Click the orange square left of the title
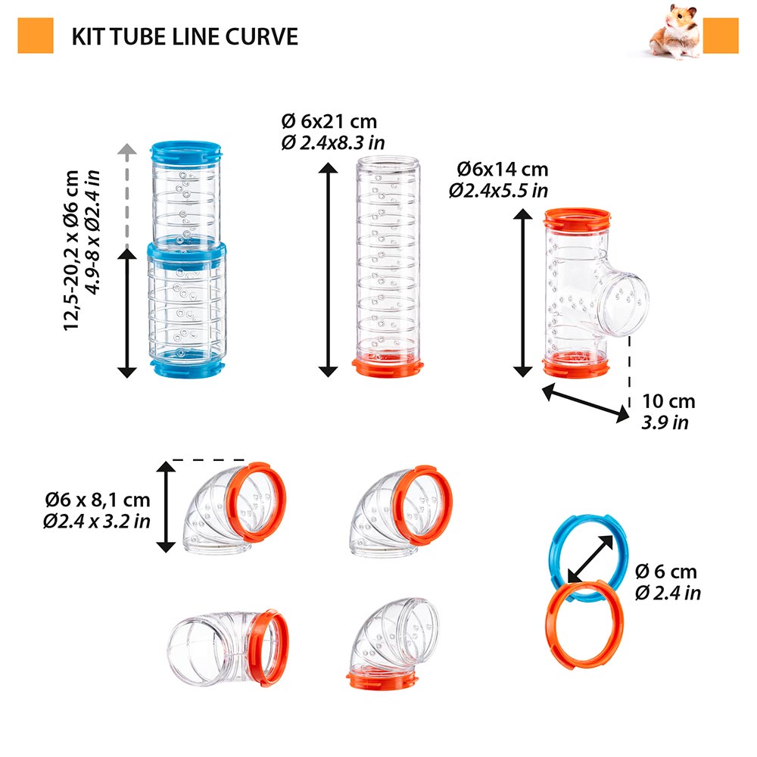coord(36,36)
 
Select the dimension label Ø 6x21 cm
coord(329,122)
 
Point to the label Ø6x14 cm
coord(503,170)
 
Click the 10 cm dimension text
coord(668,402)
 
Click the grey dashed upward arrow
coord(127,197)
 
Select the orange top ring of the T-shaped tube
coord(576,220)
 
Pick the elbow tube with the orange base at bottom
coord(390,643)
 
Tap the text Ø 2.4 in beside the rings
coord(668,593)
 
